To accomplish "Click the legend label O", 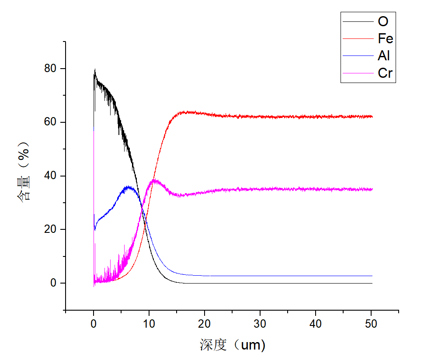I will tap(383, 21).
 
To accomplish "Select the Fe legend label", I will tap(386, 39).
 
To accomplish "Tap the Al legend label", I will tap(384, 56).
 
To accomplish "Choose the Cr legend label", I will tap(385, 73).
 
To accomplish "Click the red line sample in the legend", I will tap(358, 39).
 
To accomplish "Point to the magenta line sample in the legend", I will tap(358, 73).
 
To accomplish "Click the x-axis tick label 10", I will tap(149, 324).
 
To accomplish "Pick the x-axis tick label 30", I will tap(260, 324).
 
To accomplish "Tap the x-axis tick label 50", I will tap(371, 324).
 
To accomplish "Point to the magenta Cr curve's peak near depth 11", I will tap(154, 180).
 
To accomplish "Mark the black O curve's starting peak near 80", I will tap(95, 70).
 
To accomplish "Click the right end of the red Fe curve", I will tap(372, 117).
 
